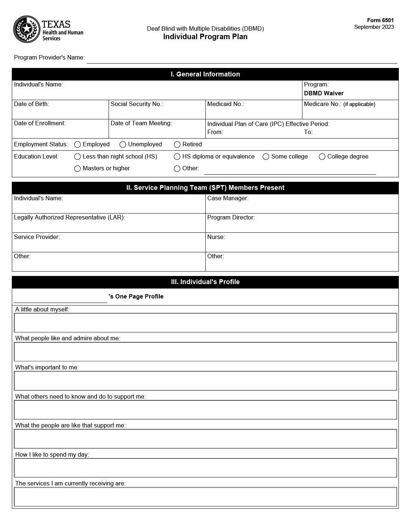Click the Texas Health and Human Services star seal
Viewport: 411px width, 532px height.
coord(27,29)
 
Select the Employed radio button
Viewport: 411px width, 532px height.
coord(78,144)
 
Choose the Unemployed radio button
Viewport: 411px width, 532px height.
coord(123,144)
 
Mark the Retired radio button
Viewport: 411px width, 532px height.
coord(177,144)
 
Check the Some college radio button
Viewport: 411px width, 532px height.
coord(266,157)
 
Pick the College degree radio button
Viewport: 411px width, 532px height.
coord(322,157)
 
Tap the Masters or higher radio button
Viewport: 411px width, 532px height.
coord(78,168)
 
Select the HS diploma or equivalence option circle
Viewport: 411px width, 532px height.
coord(177,157)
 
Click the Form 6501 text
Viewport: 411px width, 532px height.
coord(380,20)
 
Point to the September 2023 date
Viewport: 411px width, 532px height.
coord(374,27)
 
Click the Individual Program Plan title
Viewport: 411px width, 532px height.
coord(205,37)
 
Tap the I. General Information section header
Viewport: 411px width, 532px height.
coord(205,74)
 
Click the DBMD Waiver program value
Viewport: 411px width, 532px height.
coord(323,93)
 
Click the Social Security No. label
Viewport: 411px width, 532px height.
coord(137,104)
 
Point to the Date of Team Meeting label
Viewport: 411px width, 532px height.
coord(141,123)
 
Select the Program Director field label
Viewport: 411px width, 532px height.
coord(231,218)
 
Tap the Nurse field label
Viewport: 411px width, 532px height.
coord(216,237)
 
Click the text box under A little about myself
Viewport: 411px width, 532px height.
coord(205,323)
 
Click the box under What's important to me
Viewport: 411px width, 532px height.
coord(205,381)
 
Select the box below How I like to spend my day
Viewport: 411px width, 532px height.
coord(205,468)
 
